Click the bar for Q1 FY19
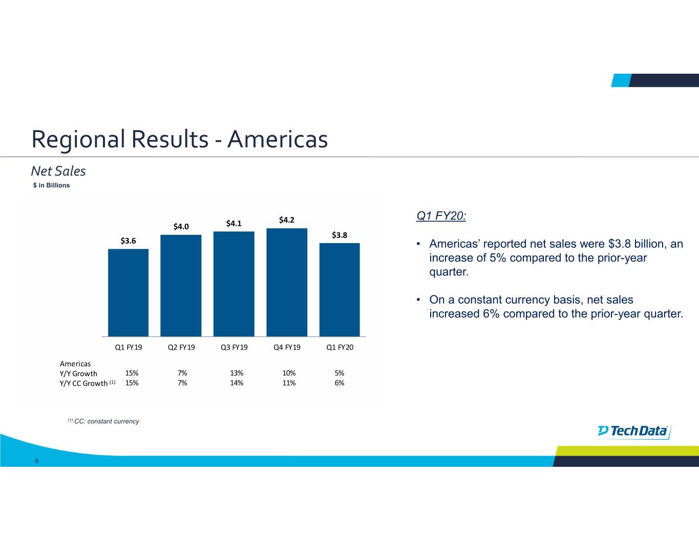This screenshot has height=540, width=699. (128, 292)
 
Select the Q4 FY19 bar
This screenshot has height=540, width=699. (287, 282)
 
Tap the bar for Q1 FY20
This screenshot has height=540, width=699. (340, 289)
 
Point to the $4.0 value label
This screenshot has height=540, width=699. (181, 226)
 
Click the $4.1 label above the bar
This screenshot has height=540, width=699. (234, 223)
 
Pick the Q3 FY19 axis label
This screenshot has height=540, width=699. (234, 347)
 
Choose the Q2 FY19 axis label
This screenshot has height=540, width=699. (181, 347)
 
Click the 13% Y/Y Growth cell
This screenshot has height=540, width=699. (237, 373)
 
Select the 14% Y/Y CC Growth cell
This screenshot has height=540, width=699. (237, 383)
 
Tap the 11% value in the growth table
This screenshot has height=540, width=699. (289, 383)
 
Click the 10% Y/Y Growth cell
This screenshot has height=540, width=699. (289, 373)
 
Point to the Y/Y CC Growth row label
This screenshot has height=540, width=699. (84, 383)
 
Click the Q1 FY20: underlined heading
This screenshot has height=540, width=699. (441, 216)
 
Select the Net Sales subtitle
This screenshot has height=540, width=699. (58, 171)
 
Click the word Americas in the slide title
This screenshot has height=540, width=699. (277, 139)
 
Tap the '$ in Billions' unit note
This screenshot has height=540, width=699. (51, 185)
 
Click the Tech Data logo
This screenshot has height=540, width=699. (634, 431)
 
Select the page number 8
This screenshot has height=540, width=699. (37, 461)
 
